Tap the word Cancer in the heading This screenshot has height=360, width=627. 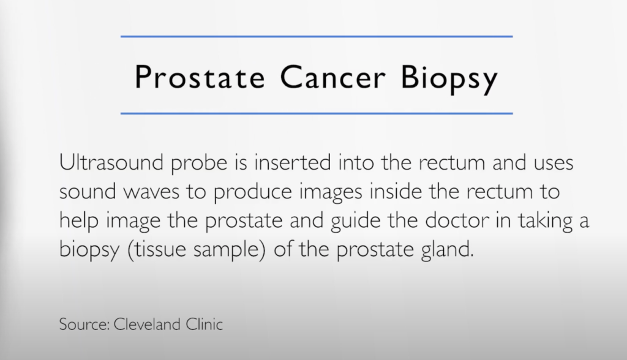pyautogui.click(x=332, y=77)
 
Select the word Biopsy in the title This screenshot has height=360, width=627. pyautogui.click(x=449, y=79)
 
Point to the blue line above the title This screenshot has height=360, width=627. pyautogui.click(x=317, y=36)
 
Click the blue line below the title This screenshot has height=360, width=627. pyautogui.click(x=317, y=113)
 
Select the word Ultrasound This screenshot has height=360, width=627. pyautogui.click(x=111, y=162)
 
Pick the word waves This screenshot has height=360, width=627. pyautogui.click(x=151, y=193)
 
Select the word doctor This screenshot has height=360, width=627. pyautogui.click(x=457, y=220)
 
